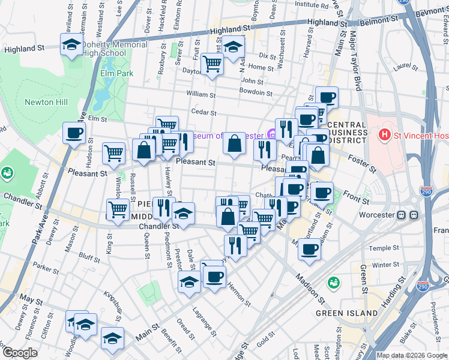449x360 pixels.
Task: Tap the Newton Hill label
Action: [x=43, y=102]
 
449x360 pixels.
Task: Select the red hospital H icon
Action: [x=385, y=136]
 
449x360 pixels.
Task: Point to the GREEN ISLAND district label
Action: [x=347, y=313]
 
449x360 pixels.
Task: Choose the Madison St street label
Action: [x=310, y=290]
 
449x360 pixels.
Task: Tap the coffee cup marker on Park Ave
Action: [x=74, y=133]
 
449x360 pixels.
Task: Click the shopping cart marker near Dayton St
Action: [x=212, y=63]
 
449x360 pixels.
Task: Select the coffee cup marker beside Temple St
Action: [x=310, y=249]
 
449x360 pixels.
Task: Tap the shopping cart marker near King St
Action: [x=118, y=209]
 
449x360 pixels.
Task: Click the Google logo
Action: [x=20, y=353]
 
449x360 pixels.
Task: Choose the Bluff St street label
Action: [x=89, y=258]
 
